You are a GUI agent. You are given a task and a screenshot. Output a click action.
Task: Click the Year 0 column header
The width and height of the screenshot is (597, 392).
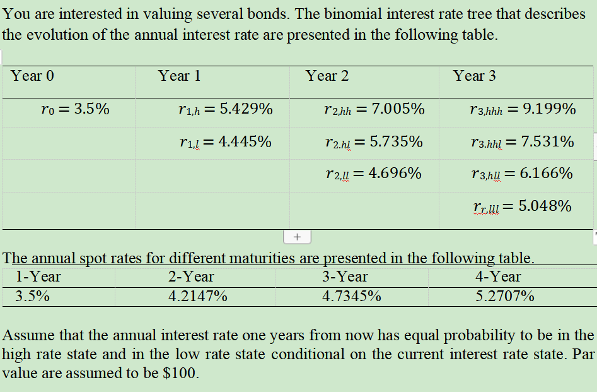tap(33, 76)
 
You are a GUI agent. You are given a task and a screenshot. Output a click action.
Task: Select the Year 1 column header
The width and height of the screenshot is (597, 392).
tap(180, 76)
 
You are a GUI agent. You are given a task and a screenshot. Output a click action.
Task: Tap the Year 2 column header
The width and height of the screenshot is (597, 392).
tap(327, 76)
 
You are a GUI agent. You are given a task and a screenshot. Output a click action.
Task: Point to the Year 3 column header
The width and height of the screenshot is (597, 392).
tap(475, 76)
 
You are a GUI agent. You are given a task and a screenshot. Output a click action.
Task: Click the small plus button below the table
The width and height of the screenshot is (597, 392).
tap(297, 237)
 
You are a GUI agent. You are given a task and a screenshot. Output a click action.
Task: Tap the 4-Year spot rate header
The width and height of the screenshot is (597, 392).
tap(498, 276)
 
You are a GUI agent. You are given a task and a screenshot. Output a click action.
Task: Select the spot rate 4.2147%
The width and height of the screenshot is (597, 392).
tap(198, 296)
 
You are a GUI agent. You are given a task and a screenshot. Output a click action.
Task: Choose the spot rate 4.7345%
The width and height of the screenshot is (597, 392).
tap(351, 296)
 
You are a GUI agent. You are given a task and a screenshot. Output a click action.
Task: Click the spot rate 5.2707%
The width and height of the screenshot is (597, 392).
tap(505, 296)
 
